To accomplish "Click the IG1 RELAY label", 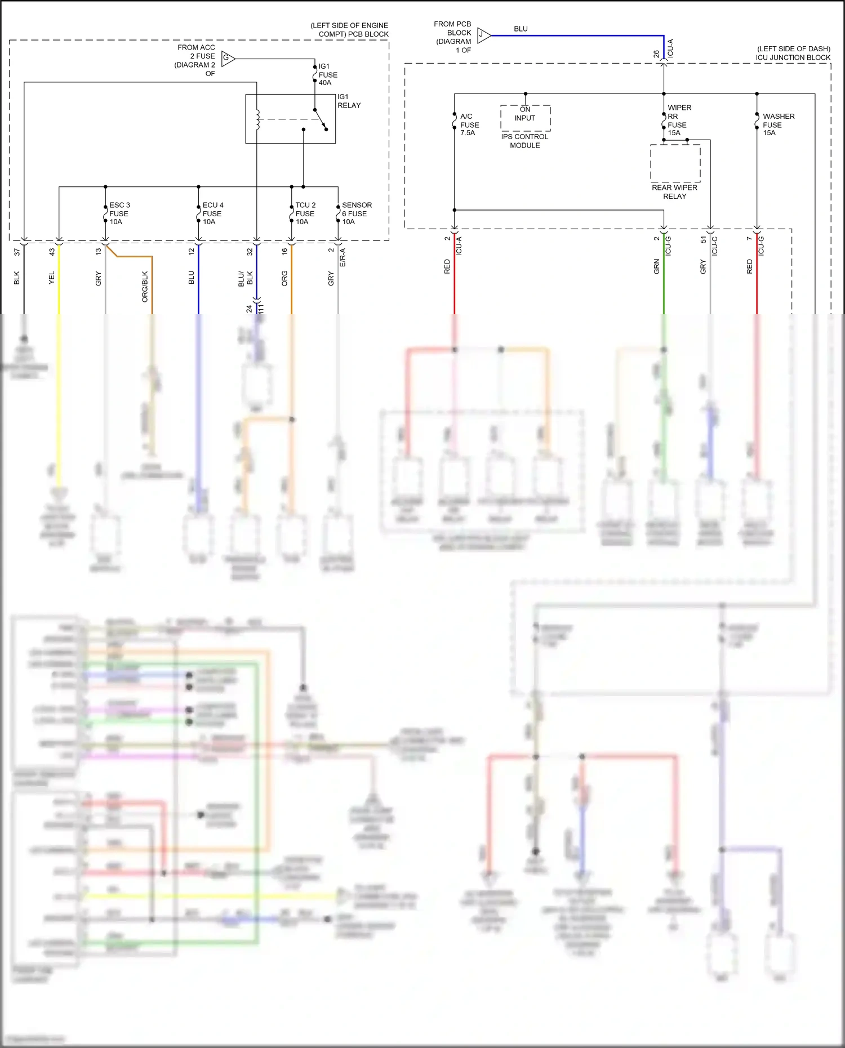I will coord(349,101).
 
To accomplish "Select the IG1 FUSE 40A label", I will coord(328,75).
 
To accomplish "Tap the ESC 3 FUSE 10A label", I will coord(119,213).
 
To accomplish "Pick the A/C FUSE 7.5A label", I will coord(469,125).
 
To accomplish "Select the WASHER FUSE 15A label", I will coord(778,124).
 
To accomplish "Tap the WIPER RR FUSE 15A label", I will coord(679,121).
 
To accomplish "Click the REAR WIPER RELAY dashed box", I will coord(675,163).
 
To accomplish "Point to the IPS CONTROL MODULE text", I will coord(524,141).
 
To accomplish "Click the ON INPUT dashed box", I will coord(525,118).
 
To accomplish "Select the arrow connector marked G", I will coord(228,58).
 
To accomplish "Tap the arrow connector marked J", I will coord(483,35).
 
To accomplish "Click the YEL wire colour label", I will coord(52,278).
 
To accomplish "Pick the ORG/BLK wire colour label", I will coord(145,287).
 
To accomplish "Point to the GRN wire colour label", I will coord(656,267).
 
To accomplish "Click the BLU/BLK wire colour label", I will coord(246,279).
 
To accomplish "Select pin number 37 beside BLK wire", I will coord(17,252).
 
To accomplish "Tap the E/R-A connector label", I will coord(343,257).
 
